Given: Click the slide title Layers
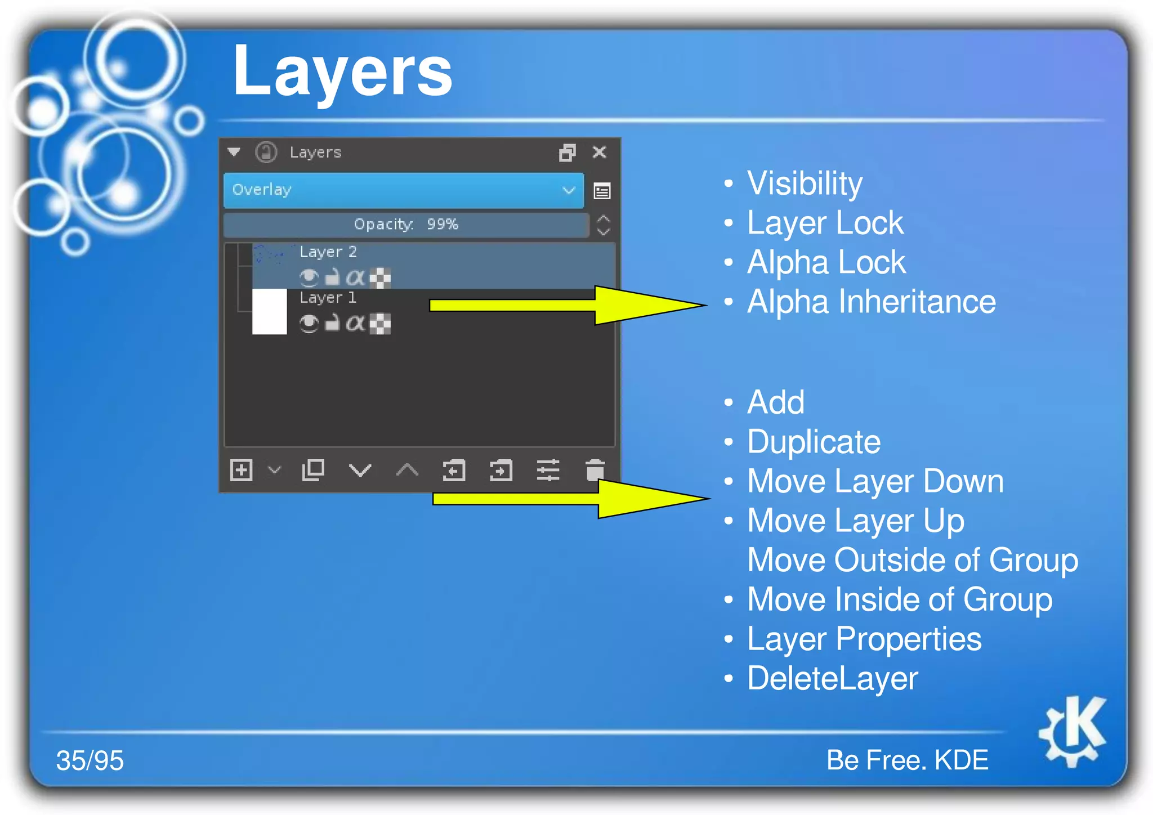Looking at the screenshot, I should tap(342, 72).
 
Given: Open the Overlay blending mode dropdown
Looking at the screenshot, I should tap(403, 190).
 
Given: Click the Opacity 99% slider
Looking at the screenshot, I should tap(405, 225).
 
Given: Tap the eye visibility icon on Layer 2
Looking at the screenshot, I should tap(309, 277).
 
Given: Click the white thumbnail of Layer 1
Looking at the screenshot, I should tap(270, 311).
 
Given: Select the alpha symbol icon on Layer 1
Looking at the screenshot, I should tap(355, 323).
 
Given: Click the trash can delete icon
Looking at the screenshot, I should tap(595, 470).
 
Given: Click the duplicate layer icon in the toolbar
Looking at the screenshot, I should tap(313, 470).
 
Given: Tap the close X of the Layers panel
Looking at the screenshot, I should tap(600, 152).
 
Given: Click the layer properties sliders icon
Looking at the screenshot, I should tap(548, 470).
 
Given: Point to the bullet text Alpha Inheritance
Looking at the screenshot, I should tap(871, 302).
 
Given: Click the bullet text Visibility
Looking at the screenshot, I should tap(805, 183).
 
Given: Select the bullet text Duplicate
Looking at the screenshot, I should tap(814, 442).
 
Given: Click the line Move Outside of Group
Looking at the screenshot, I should tap(912, 560).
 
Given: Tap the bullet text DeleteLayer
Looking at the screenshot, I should tap(832, 678).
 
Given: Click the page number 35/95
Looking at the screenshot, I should tap(90, 760).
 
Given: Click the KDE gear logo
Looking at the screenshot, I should tap(1073, 731).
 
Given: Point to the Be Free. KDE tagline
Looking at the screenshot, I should tap(907, 760).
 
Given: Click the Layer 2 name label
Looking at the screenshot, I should tap(328, 252).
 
